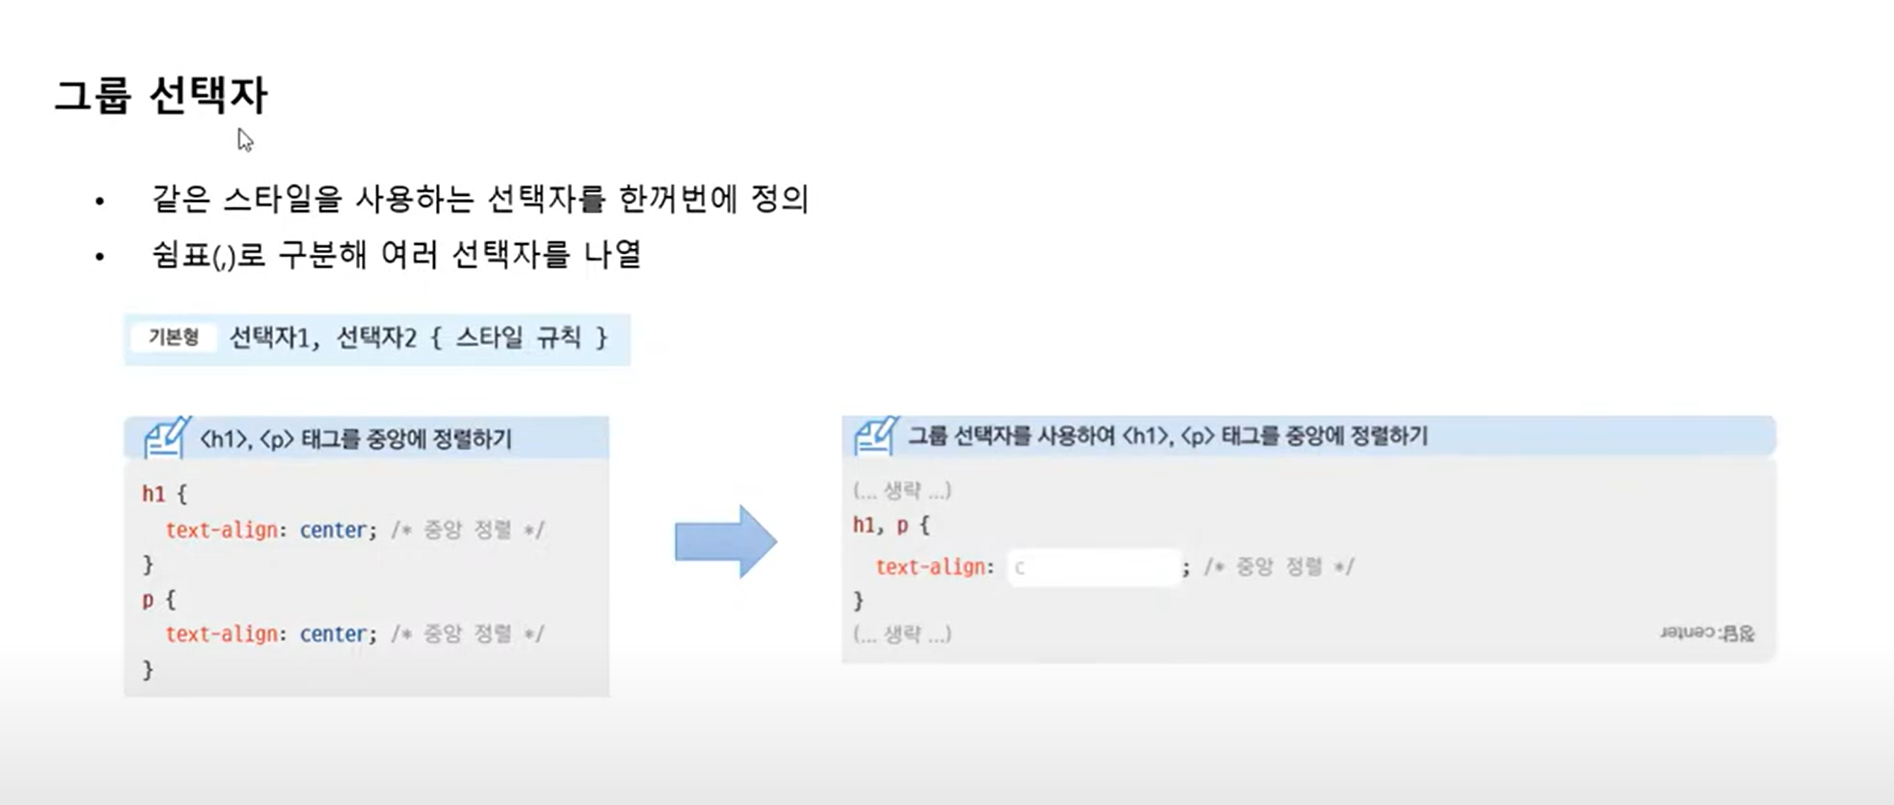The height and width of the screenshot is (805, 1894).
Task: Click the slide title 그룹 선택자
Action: tap(161, 95)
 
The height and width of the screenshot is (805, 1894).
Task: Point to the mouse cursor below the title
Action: tap(244, 139)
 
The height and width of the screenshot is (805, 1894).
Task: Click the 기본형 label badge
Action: tap(173, 337)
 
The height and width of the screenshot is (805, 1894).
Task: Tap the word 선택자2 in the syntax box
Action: tap(376, 338)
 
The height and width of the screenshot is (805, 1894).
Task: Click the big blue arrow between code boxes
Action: tap(725, 542)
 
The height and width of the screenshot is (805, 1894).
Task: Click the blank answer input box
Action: tap(1094, 568)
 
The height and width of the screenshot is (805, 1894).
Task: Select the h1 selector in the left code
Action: tap(153, 494)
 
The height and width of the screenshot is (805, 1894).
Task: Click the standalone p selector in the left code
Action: tap(148, 600)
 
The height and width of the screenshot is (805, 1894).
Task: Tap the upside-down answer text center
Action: tap(1707, 633)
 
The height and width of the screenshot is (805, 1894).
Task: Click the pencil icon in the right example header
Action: tap(876, 436)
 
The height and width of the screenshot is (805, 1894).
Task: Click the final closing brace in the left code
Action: tap(148, 670)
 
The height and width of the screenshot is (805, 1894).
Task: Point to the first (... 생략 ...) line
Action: tap(902, 490)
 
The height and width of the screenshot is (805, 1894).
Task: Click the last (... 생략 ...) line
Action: tap(902, 633)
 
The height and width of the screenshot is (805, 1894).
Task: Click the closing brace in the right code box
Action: tap(858, 601)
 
